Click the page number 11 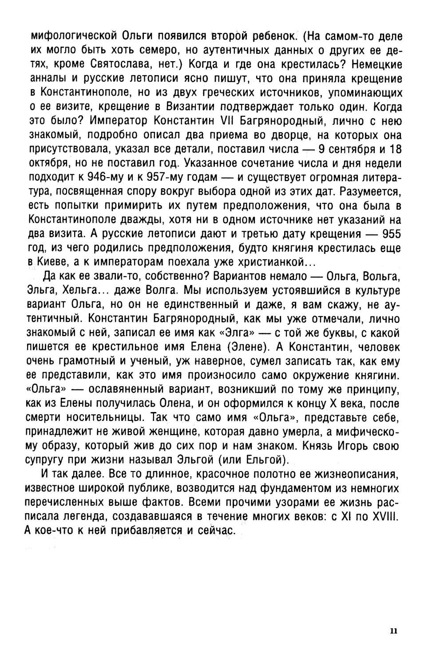click(x=393, y=631)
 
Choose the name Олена click(x=203, y=404)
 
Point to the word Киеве click(x=52, y=262)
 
